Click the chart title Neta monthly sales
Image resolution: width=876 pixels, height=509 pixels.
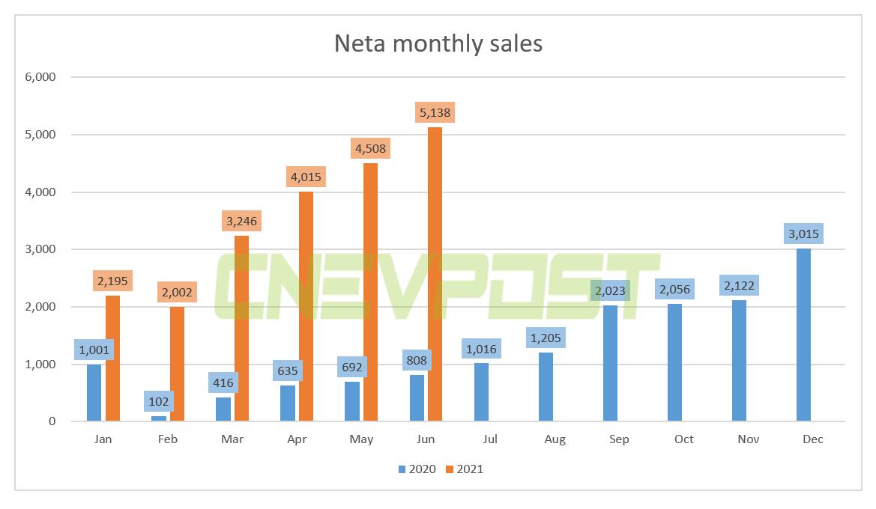(438, 43)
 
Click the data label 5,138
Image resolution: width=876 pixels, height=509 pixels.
(435, 113)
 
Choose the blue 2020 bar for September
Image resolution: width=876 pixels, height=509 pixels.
(610, 363)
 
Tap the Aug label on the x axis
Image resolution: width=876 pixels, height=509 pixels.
(555, 439)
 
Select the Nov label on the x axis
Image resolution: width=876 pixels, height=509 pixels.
(748, 439)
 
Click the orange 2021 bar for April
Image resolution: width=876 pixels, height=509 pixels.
(306, 306)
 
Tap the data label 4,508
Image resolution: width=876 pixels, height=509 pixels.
(370, 148)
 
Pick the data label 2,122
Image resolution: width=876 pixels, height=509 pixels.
(738, 284)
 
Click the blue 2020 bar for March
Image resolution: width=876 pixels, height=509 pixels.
(223, 409)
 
